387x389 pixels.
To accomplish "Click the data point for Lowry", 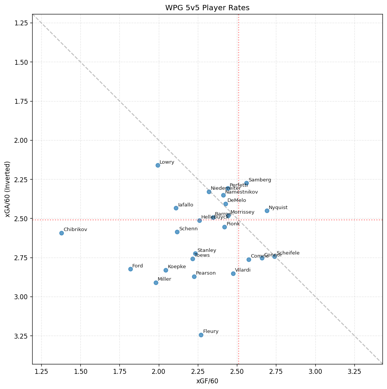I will point(158,165).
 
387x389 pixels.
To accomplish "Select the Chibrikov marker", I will point(61,233).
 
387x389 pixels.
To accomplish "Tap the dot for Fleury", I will point(201,335).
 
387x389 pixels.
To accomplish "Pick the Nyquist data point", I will point(267,211).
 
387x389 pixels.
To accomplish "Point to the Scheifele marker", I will point(274,256).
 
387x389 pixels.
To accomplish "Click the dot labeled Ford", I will point(130,269).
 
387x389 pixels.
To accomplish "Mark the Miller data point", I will point(156,283).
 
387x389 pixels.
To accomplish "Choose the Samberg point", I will point(246,183).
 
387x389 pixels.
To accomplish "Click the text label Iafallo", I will point(186,205).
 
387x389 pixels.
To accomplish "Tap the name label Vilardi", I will point(243,270).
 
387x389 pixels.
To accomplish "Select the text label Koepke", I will point(177,267).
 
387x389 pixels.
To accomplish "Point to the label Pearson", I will point(206,273).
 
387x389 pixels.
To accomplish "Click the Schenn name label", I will point(188,229).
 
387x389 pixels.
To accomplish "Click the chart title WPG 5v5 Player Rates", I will point(207,8).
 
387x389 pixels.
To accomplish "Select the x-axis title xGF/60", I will point(207,381).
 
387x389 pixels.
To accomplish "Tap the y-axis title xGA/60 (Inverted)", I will point(8,189).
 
